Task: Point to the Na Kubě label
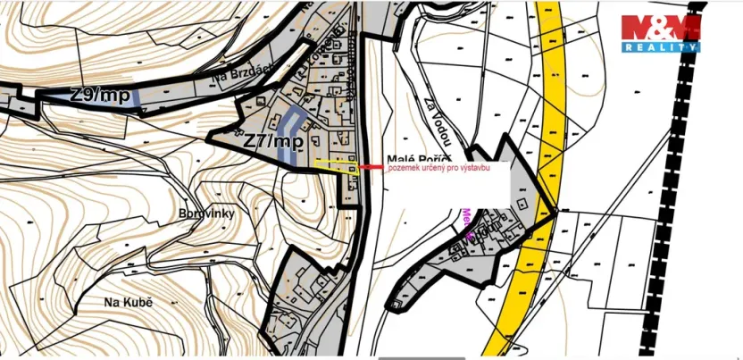pyautogui.click(x=129, y=303)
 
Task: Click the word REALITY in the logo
pyautogui.click(x=661, y=46)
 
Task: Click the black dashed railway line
pyautogui.click(x=697, y=179)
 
